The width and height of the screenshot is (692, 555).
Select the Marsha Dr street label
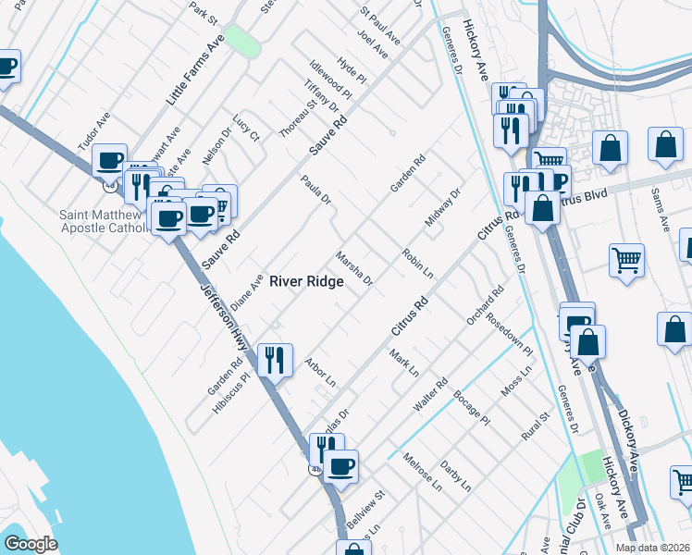(x=353, y=267)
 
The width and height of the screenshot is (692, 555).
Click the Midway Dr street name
(x=442, y=209)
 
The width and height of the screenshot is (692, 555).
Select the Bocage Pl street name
(x=472, y=408)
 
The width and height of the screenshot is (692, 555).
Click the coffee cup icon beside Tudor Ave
(x=110, y=159)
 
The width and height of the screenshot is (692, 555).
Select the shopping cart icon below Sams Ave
(x=627, y=260)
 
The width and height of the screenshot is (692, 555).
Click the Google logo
(x=31, y=543)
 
